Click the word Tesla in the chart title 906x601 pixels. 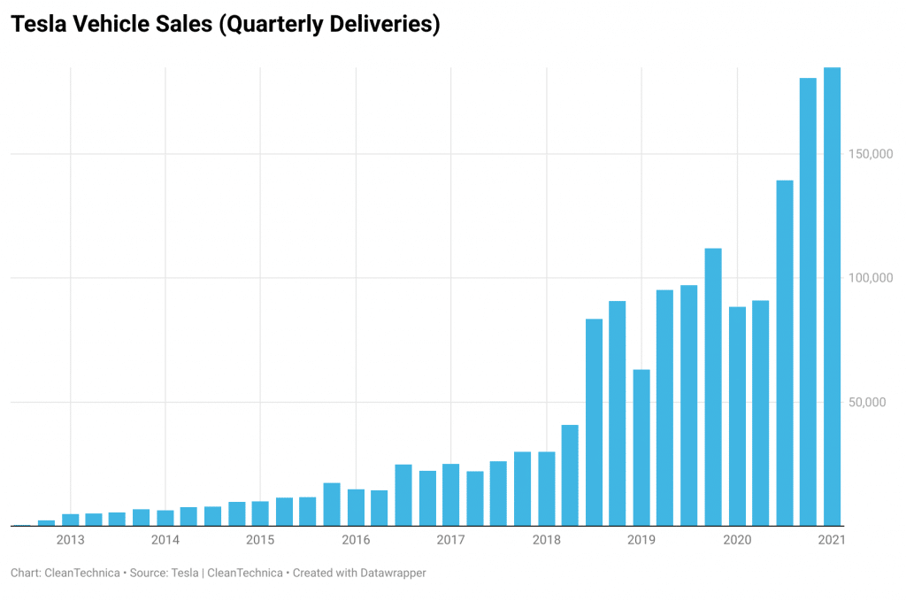coord(36,25)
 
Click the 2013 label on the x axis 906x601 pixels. coord(70,540)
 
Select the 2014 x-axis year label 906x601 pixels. coord(165,540)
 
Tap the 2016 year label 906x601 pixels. coord(356,540)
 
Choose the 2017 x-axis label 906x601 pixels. coord(451,540)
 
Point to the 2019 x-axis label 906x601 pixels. coord(641,540)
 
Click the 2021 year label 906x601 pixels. coord(832,540)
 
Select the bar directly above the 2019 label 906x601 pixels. coord(641,447)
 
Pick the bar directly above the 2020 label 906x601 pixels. coord(737,416)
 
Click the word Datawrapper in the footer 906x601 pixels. coord(391,574)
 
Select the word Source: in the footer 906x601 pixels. coord(150,574)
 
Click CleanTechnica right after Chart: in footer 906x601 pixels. coord(83,574)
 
